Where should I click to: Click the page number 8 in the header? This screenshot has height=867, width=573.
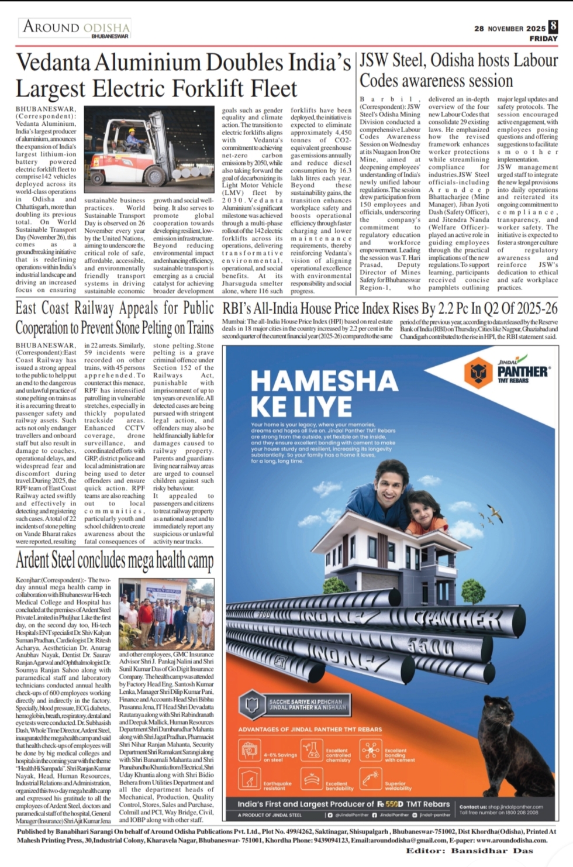(553, 26)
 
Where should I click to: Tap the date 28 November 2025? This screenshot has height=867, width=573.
(509, 28)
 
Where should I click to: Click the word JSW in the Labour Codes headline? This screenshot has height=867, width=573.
(373, 60)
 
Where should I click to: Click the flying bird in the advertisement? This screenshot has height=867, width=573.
(496, 514)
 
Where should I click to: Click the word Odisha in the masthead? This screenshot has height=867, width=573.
(106, 27)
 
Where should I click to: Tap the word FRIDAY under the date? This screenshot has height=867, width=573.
(543, 39)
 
